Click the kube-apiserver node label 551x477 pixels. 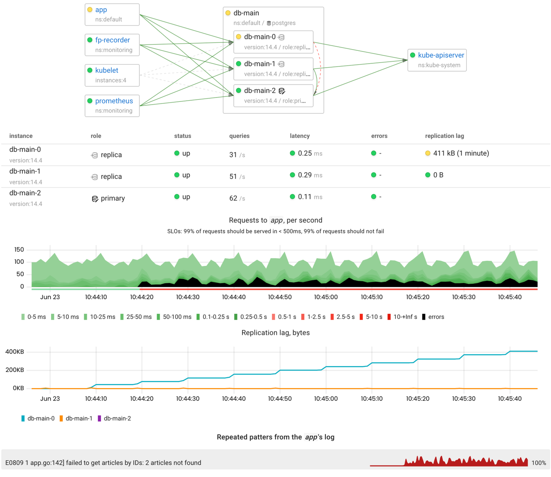441,55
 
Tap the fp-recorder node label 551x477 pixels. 112,40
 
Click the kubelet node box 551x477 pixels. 112,75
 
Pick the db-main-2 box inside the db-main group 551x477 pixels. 273,96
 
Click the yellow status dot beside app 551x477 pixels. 90,10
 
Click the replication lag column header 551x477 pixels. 444,136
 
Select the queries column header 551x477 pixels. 239,136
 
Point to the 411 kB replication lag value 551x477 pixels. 461,153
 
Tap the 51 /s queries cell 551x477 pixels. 237,177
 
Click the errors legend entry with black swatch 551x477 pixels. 433,317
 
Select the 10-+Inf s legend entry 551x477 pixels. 402,317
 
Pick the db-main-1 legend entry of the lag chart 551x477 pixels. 76,418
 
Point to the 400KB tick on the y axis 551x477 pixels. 15,352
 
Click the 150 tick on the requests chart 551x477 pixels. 19,250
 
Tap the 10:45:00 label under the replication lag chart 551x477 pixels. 325,398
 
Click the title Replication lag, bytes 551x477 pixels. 275,333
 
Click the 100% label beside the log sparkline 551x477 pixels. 538,463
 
